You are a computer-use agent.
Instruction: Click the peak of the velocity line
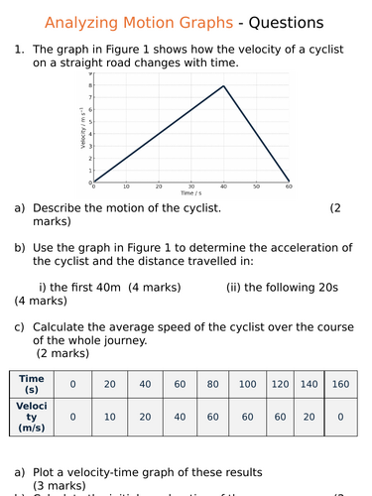(x=224, y=85)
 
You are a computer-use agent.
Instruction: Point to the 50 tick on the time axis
(x=257, y=186)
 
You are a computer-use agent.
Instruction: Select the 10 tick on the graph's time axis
(x=126, y=186)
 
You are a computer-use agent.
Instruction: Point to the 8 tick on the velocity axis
(x=89, y=85)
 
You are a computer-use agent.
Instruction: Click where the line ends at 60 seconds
(x=290, y=181)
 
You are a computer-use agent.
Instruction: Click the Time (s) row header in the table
(x=31, y=384)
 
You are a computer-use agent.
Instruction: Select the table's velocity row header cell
(x=31, y=417)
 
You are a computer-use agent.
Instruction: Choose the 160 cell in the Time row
(x=341, y=384)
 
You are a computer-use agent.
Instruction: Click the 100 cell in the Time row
(x=247, y=384)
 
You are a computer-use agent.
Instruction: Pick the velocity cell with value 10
(x=109, y=417)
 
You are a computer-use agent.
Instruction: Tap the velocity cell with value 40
(x=181, y=417)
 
